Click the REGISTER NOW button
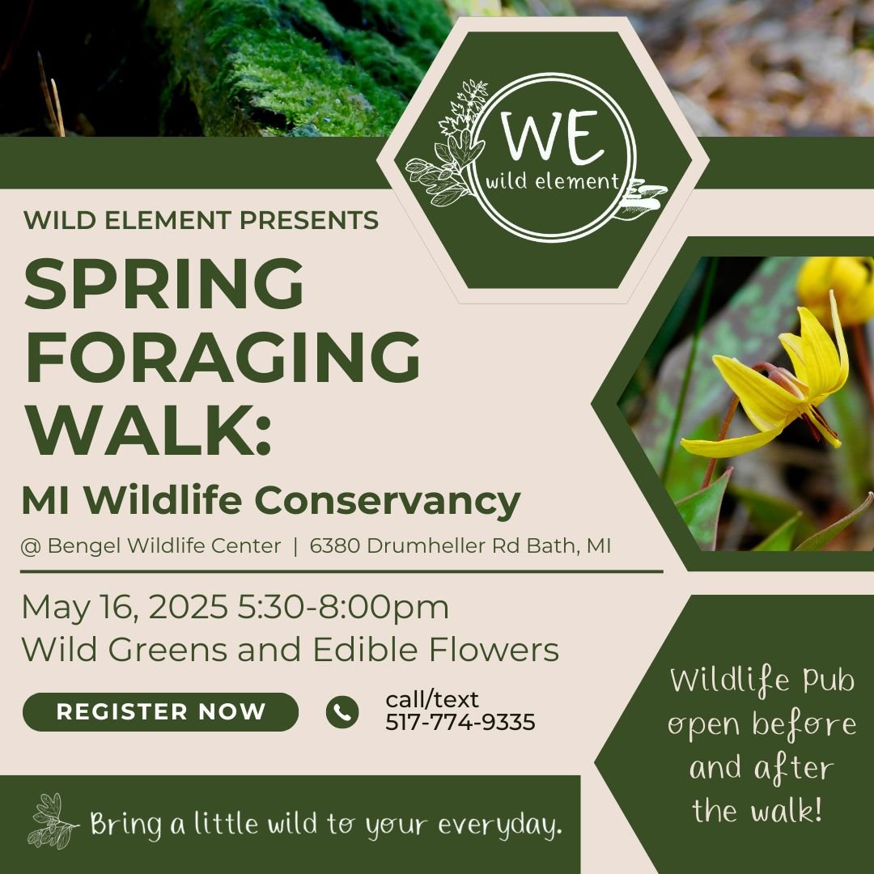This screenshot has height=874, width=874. [x=160, y=712]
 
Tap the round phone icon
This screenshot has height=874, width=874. [x=342, y=712]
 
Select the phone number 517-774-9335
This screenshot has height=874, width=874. [x=460, y=723]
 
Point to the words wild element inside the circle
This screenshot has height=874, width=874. [x=553, y=181]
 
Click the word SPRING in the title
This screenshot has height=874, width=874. [x=163, y=284]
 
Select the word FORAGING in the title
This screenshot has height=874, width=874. [x=222, y=358]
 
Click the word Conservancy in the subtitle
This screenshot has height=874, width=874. [x=388, y=500]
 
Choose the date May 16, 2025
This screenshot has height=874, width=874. [x=125, y=607]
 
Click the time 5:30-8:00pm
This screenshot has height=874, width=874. [x=343, y=607]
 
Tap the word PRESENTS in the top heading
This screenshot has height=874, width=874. [x=309, y=220]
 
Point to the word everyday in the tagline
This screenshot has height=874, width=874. [x=500, y=825]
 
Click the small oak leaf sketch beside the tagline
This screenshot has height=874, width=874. [x=53, y=821]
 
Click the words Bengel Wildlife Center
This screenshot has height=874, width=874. [x=164, y=545]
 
